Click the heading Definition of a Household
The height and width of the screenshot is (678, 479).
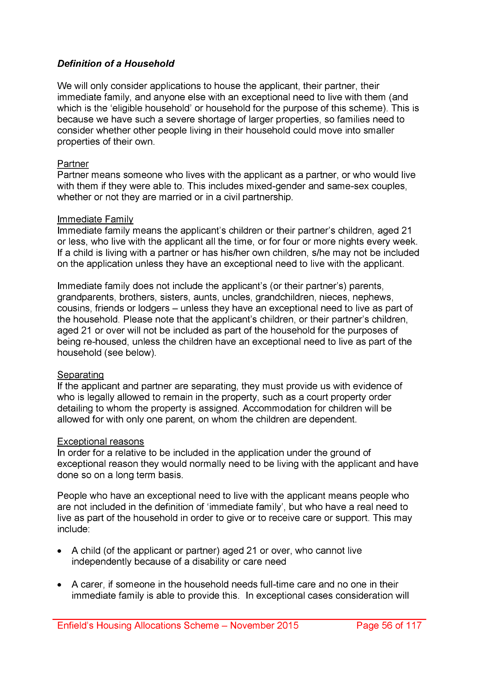pos(116,64)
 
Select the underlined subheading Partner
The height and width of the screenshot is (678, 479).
pos(73,164)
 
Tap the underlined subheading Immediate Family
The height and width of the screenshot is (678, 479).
pos(95,219)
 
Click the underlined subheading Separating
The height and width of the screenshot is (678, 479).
pos(80,375)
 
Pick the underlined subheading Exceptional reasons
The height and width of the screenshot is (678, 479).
pos(100,441)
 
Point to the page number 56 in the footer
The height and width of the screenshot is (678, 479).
pos(387,625)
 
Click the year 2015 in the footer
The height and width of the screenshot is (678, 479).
pos(287,625)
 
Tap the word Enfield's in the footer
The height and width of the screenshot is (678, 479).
pos(75,625)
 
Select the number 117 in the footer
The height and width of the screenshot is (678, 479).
pos(413,625)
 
